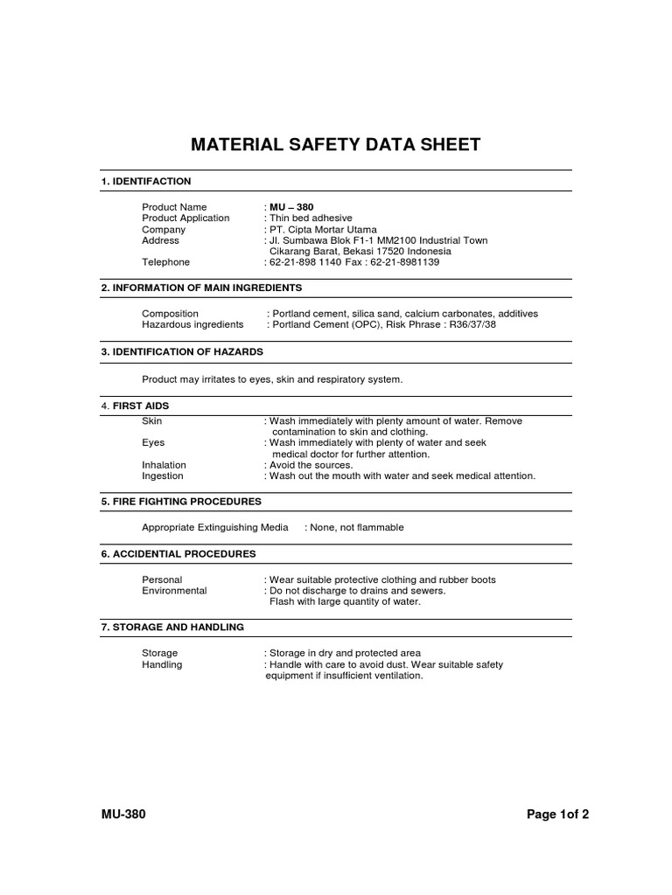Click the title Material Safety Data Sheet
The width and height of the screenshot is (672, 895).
[x=336, y=144]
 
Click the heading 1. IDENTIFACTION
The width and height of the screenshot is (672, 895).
[x=146, y=181]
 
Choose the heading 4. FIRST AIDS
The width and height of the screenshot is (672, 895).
[x=136, y=406]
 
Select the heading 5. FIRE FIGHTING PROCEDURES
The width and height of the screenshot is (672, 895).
[x=181, y=502]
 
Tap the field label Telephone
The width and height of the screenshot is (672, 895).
[x=165, y=261]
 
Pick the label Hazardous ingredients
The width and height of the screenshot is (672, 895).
[x=192, y=324]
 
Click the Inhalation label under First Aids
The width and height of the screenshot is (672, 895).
[x=164, y=465]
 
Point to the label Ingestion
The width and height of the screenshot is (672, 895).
[x=163, y=476]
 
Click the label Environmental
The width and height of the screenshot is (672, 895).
[x=174, y=591]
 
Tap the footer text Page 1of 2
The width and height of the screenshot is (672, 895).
[x=557, y=815]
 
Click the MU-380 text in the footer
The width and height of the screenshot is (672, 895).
[x=123, y=815]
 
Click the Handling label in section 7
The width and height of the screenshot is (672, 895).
[x=162, y=664]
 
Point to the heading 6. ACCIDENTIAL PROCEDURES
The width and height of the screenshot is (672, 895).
[x=178, y=554]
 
